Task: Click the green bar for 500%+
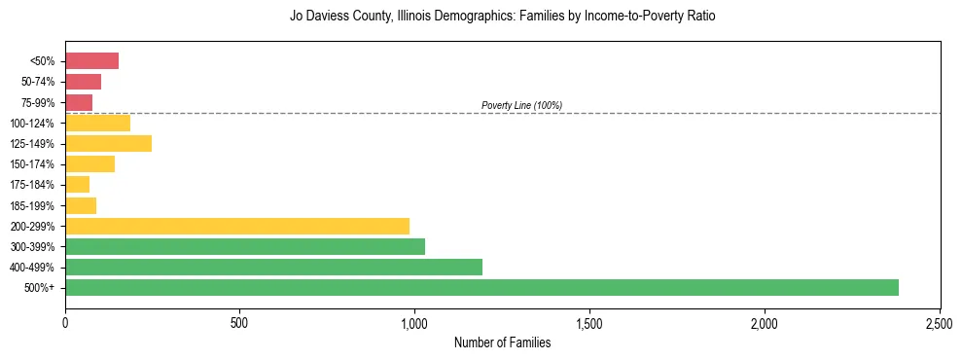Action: (481, 287)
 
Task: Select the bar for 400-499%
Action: (273, 267)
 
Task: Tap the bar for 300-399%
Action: (245, 246)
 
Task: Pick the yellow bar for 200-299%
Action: (237, 226)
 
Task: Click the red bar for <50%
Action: (91, 61)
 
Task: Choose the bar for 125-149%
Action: (108, 144)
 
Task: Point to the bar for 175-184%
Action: (77, 185)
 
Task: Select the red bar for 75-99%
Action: (79, 102)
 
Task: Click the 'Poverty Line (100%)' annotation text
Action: (521, 105)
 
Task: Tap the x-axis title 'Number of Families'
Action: (502, 342)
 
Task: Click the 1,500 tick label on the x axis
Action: (589, 322)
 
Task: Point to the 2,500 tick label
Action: (940, 322)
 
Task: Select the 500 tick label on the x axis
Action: (240, 322)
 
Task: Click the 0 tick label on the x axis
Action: (65, 322)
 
